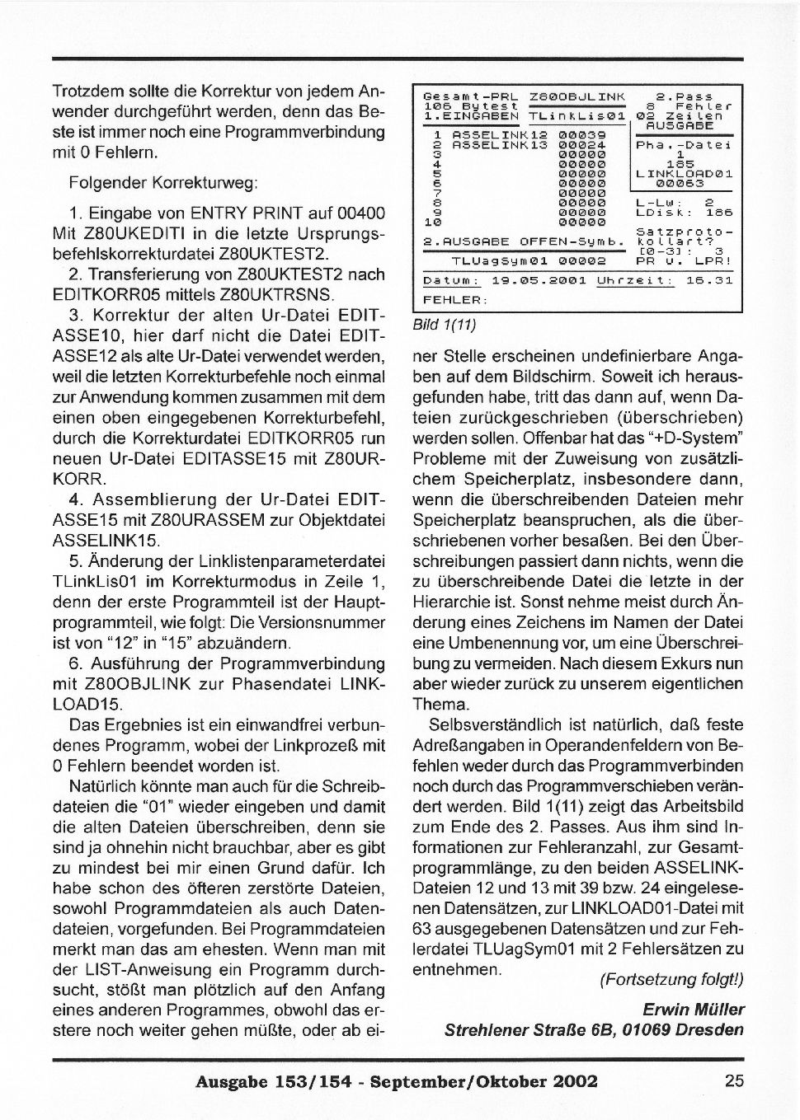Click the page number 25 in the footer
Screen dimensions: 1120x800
[734, 1080]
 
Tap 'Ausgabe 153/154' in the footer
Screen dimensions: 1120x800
[262, 1081]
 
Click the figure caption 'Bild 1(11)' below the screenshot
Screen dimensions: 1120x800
[445, 325]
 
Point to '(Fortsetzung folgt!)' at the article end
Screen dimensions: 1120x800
[671, 979]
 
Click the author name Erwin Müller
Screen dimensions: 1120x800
[693, 1009]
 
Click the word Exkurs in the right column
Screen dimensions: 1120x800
[659, 663]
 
